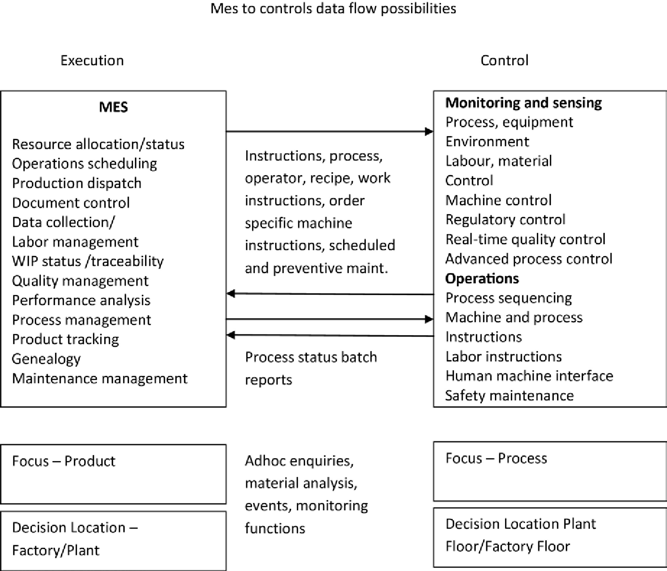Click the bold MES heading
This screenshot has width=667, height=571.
pyautogui.click(x=113, y=107)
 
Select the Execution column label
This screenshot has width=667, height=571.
pyautogui.click(x=92, y=61)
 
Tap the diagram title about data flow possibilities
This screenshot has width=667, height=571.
pyautogui.click(x=333, y=9)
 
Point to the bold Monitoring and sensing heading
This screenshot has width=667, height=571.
pyautogui.click(x=523, y=103)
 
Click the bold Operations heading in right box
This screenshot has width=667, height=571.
pyautogui.click(x=482, y=278)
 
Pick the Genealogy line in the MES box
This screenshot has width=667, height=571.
pyautogui.click(x=46, y=359)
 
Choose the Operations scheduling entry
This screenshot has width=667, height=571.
pyautogui.click(x=84, y=164)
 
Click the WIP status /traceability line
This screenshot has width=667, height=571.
pyautogui.click(x=88, y=261)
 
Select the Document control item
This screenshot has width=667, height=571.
pyautogui.click(x=71, y=203)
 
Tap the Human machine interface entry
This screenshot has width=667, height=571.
pyautogui.click(x=529, y=376)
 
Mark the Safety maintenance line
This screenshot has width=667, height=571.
pyautogui.click(x=509, y=395)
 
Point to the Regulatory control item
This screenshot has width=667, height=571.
pyautogui.click(x=505, y=220)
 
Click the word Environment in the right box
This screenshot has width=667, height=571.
pyautogui.click(x=487, y=142)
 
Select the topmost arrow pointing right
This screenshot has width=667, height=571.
pyautogui.click(x=330, y=131)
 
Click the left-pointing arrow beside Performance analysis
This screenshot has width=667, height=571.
pyautogui.click(x=330, y=294)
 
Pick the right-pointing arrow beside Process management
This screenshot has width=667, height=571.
pyautogui.click(x=330, y=319)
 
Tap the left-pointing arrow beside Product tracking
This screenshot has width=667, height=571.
pyautogui.click(x=330, y=335)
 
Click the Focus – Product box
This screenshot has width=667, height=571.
pyautogui.click(x=113, y=474)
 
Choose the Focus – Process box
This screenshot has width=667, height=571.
pyautogui.click(x=550, y=471)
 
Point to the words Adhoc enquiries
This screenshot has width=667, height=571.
pyautogui.click(x=299, y=461)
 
